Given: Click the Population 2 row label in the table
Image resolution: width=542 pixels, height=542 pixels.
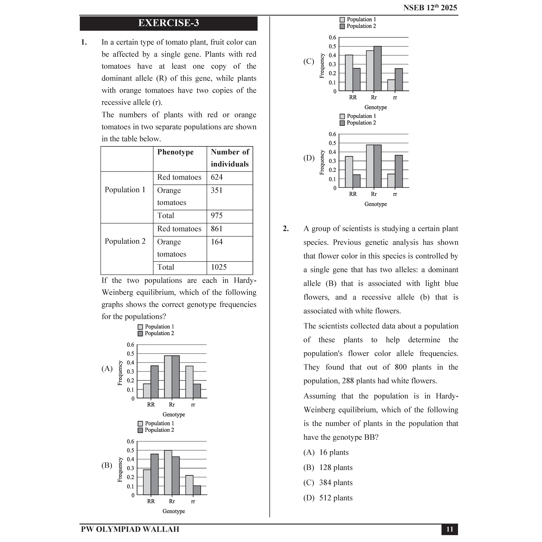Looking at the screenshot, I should pos(125,242).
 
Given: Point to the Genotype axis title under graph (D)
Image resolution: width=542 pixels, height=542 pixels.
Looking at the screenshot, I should pos(375,204).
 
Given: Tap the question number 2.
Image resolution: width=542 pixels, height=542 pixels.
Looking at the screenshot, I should pos(286,229).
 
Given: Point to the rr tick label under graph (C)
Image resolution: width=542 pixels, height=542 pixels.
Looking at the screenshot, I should pos(395,98).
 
